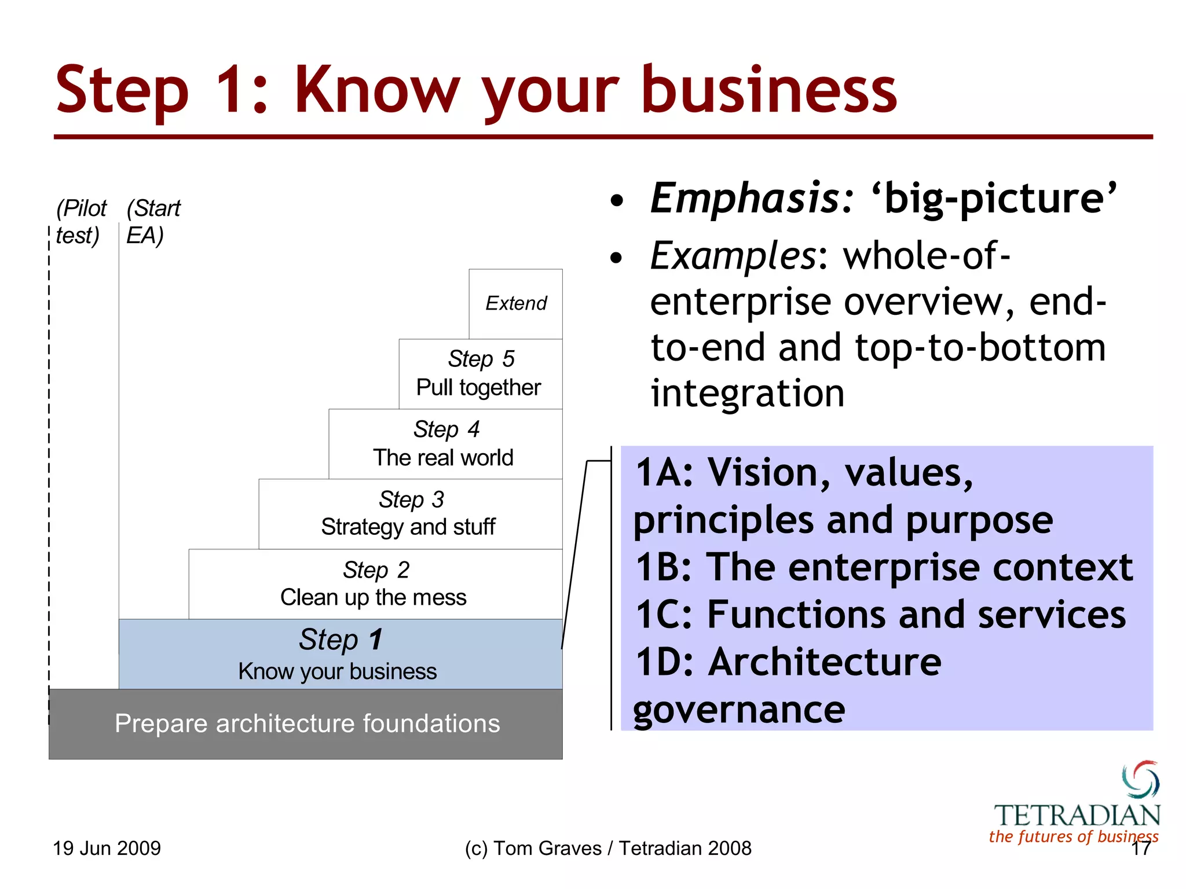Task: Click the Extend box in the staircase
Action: pyautogui.click(x=515, y=303)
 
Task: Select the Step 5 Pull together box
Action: pyautogui.click(x=479, y=373)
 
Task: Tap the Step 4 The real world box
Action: pyautogui.click(x=445, y=443)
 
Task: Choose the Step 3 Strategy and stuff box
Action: pyautogui.click(x=409, y=513)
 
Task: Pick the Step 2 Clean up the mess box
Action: pyautogui.click(x=375, y=583)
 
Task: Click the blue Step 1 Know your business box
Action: pyautogui.click(x=340, y=654)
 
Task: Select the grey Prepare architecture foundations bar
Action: pyautogui.click(x=306, y=723)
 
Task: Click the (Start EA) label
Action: pyautogui.click(x=153, y=222)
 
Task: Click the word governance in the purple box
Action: pyautogui.click(x=739, y=710)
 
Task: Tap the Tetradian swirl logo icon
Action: pyautogui.click(x=1140, y=780)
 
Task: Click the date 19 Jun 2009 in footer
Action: pyautogui.click(x=107, y=848)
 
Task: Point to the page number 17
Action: pyautogui.click(x=1141, y=849)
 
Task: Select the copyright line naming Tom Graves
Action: pyautogui.click(x=607, y=848)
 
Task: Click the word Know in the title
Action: pyautogui.click(x=377, y=91)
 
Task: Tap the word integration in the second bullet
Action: pyautogui.click(x=747, y=394)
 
